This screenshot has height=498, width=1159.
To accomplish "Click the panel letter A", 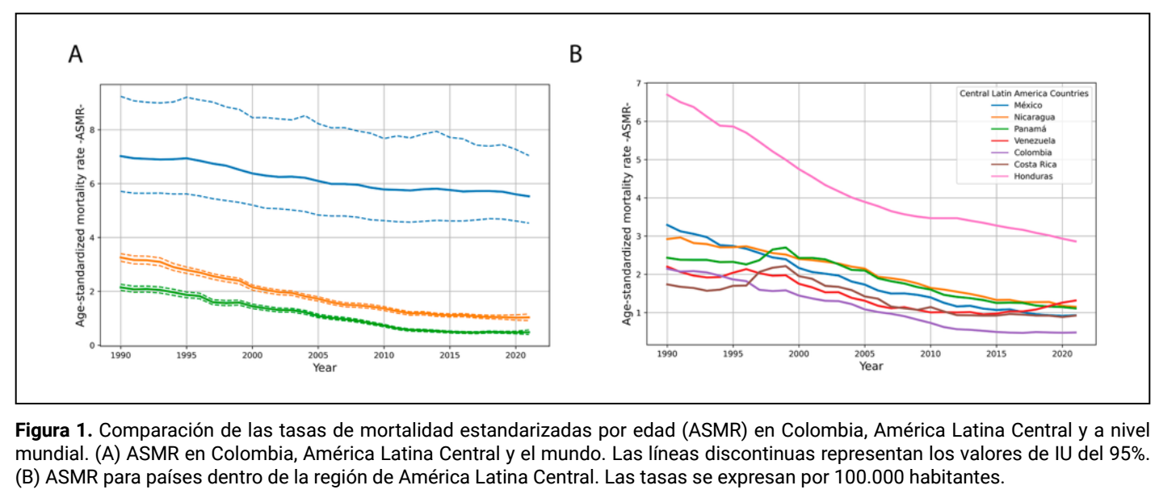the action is [x=76, y=54].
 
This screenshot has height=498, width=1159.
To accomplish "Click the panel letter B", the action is [x=575, y=54].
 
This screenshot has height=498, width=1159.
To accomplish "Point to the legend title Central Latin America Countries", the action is [x=1024, y=93].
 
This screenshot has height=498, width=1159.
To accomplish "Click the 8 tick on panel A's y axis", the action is [x=92, y=130].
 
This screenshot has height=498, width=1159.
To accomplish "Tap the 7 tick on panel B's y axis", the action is [x=639, y=83].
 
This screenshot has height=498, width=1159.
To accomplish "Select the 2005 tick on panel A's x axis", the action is [x=317, y=355].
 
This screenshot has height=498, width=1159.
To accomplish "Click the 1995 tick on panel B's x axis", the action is [x=733, y=354].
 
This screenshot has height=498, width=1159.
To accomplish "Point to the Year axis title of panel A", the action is [x=325, y=368].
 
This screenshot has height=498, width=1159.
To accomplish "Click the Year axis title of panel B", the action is [x=871, y=366].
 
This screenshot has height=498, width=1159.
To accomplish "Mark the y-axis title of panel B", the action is [x=627, y=214].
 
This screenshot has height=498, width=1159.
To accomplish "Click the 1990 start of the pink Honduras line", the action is [x=667, y=94].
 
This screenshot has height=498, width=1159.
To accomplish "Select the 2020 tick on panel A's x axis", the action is [x=515, y=355].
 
